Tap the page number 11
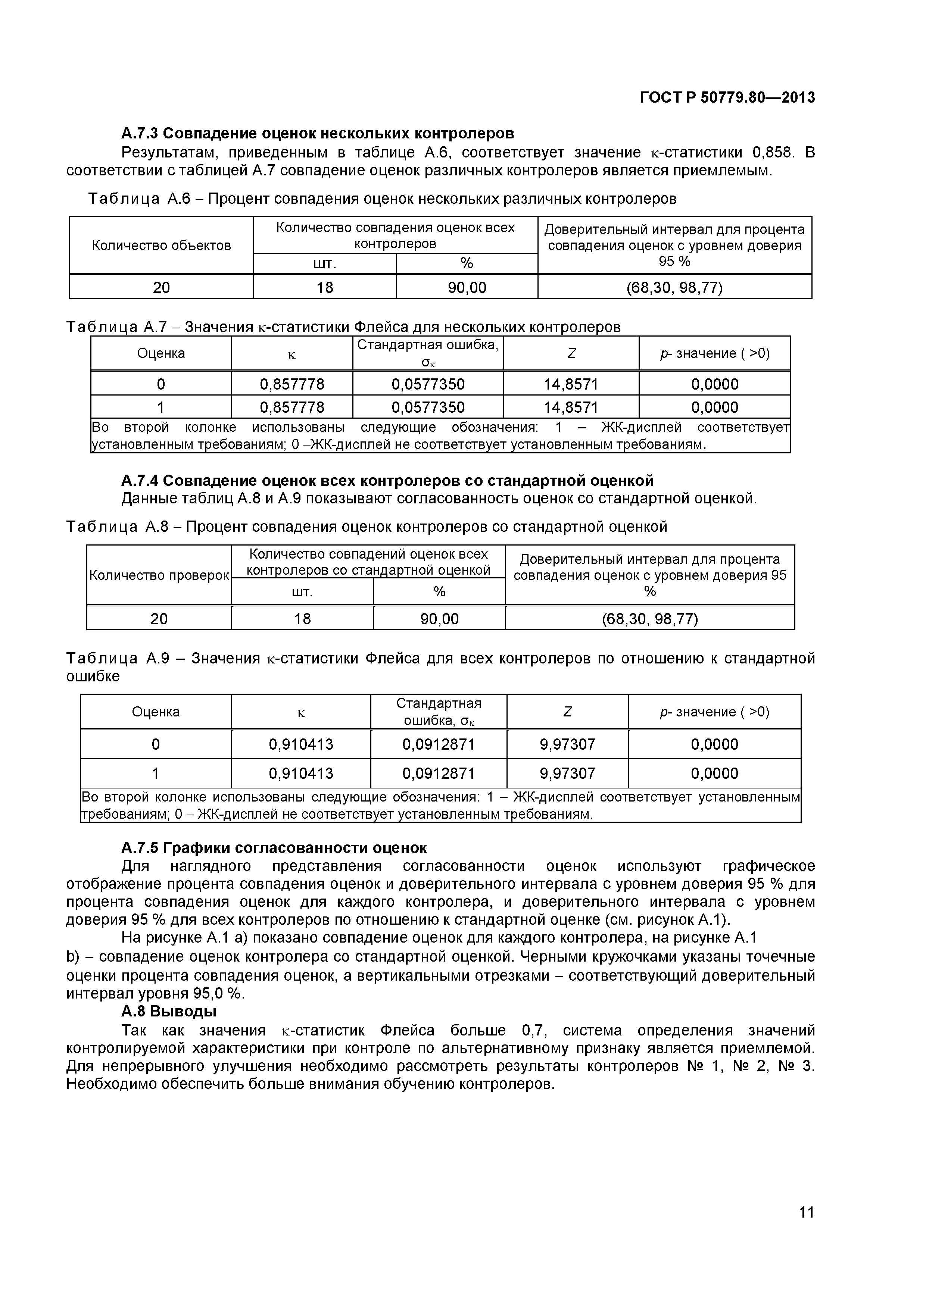(806, 1228)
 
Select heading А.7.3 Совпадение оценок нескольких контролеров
(318, 134)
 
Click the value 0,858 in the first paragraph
(772, 152)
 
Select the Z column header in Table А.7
(571, 353)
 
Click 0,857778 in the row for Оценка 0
(292, 384)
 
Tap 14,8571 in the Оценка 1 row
(571, 407)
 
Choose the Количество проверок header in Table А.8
(159, 575)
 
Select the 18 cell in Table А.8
(302, 619)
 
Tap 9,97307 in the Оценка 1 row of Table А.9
(567, 773)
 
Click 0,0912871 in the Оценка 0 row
(439, 744)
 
